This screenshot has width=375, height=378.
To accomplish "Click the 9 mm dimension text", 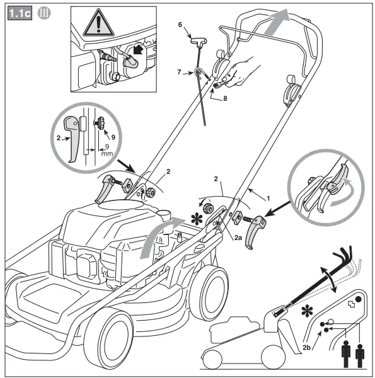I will (92, 147).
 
